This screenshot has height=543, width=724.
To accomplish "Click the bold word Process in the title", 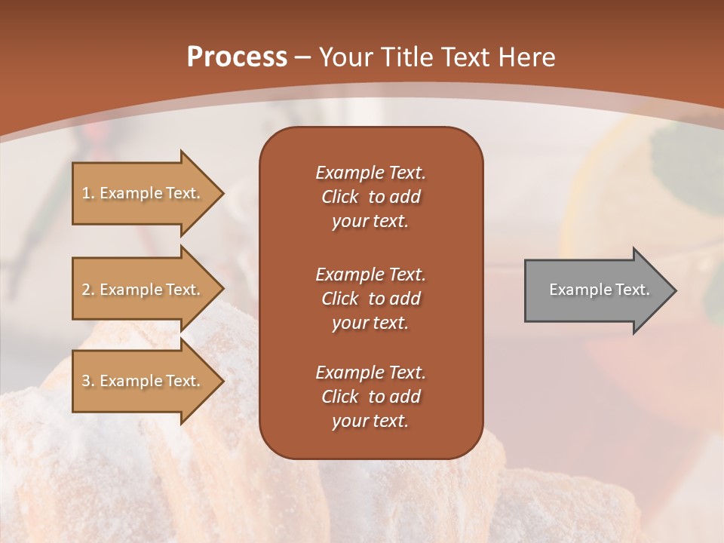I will (x=237, y=57).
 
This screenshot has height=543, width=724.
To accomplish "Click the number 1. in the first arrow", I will (x=88, y=193).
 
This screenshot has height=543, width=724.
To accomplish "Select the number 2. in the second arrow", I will (x=88, y=290).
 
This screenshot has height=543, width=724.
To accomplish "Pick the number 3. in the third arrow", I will (x=88, y=381).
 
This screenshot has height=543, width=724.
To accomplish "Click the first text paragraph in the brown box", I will (x=370, y=197).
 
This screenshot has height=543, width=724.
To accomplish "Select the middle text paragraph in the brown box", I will (x=370, y=298).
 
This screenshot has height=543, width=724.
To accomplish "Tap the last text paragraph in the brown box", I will (x=370, y=397).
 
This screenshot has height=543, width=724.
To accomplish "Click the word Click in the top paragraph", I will (x=339, y=197).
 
